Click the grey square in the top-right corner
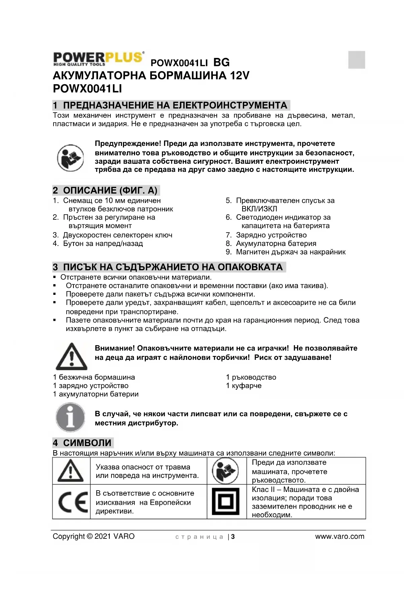tap(356, 60)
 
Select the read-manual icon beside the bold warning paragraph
tap(70, 157)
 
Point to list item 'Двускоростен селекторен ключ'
tap(117, 235)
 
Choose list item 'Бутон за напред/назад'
tap(103, 243)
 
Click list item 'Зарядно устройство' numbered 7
tap(271, 235)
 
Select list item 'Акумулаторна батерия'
tap(276, 243)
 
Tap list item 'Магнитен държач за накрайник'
tap(290, 252)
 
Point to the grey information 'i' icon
tap(70, 417)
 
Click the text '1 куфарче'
tap(244, 385)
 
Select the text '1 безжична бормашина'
tap(94, 377)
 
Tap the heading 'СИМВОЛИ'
tap(87, 443)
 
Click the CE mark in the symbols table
tap(71, 502)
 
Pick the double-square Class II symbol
tap(225, 502)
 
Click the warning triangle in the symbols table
tap(71, 471)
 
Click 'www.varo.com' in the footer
tap(340, 536)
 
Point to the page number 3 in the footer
tap(233, 537)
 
